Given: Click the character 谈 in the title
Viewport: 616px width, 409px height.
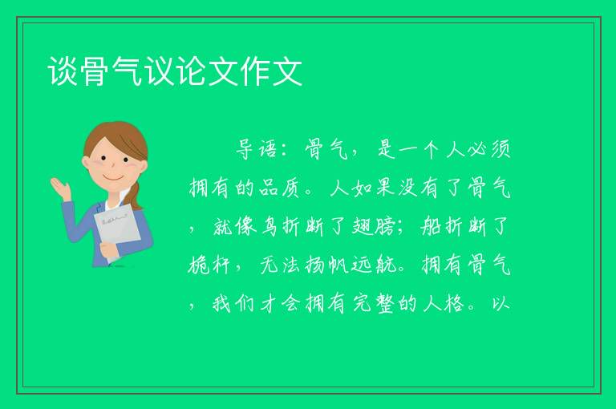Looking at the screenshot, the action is pyautogui.click(x=63, y=71).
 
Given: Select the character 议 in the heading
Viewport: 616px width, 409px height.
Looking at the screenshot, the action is pyautogui.click(x=159, y=71).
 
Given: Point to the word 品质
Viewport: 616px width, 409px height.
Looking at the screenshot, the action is pyautogui.click(x=279, y=188).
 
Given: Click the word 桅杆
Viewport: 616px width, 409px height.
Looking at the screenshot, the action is pyautogui.click(x=209, y=265).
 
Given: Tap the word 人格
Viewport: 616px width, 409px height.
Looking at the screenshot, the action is pyautogui.click(x=444, y=303).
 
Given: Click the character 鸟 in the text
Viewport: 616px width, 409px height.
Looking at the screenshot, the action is pyautogui.click(x=269, y=226).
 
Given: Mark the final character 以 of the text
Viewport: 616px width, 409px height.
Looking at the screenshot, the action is pyautogui.click(x=500, y=303).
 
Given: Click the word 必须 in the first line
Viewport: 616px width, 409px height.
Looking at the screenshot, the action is pyautogui.click(x=489, y=149).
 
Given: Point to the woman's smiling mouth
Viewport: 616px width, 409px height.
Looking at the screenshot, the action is pyautogui.click(x=114, y=178).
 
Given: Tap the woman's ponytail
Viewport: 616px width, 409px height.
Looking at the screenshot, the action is pyautogui.click(x=136, y=195).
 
